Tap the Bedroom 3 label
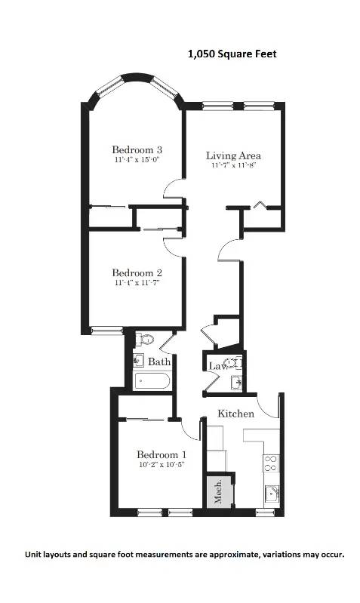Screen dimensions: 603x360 click(137, 149)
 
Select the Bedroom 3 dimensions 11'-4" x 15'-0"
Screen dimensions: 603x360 click(137, 160)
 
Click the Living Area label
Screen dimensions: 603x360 click(233, 156)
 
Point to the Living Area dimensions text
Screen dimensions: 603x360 click(233, 166)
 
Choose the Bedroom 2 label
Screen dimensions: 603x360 click(137, 272)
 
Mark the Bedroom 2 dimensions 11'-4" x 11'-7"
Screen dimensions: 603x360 click(137, 283)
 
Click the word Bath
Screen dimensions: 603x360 click(158, 362)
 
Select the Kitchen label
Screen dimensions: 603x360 click(236, 414)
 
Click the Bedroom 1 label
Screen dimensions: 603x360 click(161, 454)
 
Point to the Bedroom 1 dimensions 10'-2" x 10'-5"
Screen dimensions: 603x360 click(161, 465)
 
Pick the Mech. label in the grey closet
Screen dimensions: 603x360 click(217, 491)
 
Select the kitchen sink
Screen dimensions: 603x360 click(271, 495)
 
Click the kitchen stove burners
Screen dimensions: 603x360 click(269, 463)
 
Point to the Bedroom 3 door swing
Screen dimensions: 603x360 click(174, 189)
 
